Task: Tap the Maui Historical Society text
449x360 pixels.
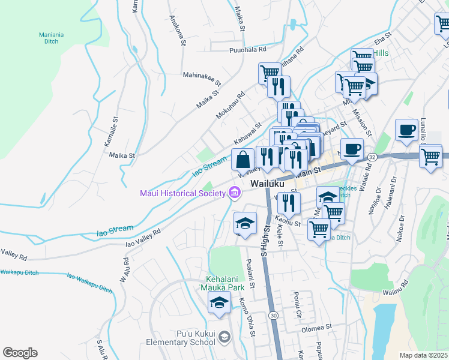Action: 182,193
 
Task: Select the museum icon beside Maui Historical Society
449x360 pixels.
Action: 235,193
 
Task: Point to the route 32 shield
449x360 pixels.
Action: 373,157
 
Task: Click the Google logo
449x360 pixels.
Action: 20,353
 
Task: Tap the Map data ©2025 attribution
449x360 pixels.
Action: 423,355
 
